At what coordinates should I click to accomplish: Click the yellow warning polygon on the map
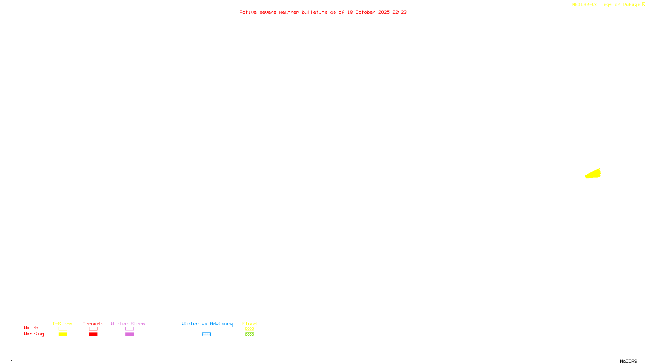(x=593, y=174)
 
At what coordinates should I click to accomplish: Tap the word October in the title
(x=365, y=12)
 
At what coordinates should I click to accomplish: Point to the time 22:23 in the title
(x=400, y=12)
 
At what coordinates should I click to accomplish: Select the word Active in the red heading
(x=247, y=12)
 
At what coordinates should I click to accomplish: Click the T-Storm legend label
(x=62, y=324)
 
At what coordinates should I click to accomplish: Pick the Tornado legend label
(x=93, y=324)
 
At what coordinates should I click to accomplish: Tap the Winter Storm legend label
(x=128, y=324)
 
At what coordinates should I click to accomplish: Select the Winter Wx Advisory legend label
(x=207, y=324)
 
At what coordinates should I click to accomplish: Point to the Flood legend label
(x=249, y=324)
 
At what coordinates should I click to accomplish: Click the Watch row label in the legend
(x=31, y=328)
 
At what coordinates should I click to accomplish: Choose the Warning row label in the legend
(x=34, y=334)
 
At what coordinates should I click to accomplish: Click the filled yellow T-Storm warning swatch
(x=63, y=334)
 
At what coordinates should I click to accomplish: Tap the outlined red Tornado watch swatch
(x=93, y=329)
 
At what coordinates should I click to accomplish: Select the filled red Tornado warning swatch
(x=93, y=334)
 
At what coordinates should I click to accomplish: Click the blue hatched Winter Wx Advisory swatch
(x=206, y=334)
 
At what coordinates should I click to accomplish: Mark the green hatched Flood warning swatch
(x=249, y=334)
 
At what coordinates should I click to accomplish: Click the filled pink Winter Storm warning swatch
(x=129, y=334)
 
